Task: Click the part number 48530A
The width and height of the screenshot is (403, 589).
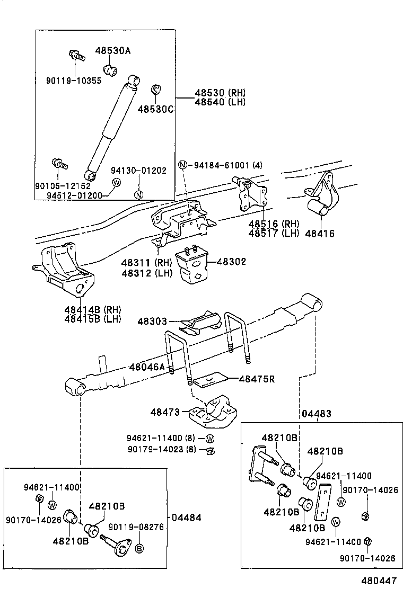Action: tap(113, 51)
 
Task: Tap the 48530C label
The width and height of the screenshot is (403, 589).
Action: tap(156, 109)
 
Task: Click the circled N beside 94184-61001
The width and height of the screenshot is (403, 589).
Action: tap(182, 165)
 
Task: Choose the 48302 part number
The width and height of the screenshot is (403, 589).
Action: tap(232, 262)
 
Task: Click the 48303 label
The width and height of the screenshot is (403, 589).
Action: tap(152, 321)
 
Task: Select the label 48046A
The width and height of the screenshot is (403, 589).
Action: tap(148, 367)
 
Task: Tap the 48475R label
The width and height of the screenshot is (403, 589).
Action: tap(257, 379)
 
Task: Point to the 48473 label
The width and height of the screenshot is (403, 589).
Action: tap(165, 411)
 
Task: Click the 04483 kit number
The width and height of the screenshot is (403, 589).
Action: tap(317, 414)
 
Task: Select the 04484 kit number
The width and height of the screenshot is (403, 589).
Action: tap(187, 517)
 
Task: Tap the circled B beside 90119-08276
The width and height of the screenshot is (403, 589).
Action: tap(139, 547)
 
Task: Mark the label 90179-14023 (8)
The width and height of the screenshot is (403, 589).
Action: tap(161, 449)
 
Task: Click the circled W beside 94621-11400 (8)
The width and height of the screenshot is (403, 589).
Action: tap(210, 439)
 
